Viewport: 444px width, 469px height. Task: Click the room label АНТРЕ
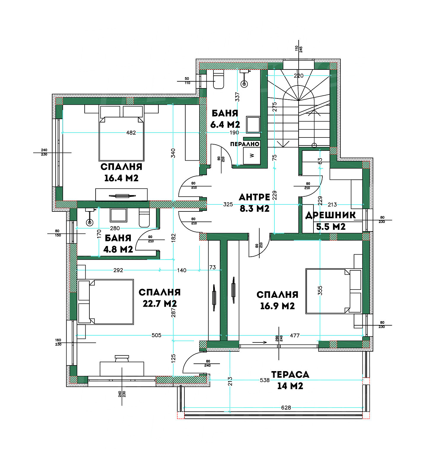pyautogui.click(x=255, y=197)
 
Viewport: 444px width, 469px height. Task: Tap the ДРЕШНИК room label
pyautogui.click(x=331, y=215)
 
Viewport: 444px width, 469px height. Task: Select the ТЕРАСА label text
pyautogui.click(x=290, y=374)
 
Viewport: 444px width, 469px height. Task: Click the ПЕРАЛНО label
pyautogui.click(x=245, y=144)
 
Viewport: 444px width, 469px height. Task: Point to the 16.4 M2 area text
pyautogui.click(x=121, y=178)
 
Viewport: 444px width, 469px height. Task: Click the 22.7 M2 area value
pyautogui.click(x=160, y=303)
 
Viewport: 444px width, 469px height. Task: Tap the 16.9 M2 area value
pyautogui.click(x=277, y=306)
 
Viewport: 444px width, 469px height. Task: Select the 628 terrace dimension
pyautogui.click(x=286, y=407)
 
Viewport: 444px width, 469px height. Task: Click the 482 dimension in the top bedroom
pyautogui.click(x=131, y=132)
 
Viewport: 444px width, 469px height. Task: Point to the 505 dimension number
pyautogui.click(x=156, y=335)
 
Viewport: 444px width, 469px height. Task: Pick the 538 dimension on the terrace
pyautogui.click(x=265, y=380)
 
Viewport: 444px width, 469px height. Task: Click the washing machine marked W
pyautogui.click(x=252, y=156)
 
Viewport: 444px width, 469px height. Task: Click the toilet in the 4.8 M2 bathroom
pyautogui.click(x=144, y=218)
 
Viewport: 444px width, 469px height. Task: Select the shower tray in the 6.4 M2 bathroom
pyautogui.click(x=253, y=125)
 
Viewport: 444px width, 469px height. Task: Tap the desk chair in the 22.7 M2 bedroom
pyautogui.click(x=122, y=358)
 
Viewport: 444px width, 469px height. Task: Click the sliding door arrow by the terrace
pyautogui.click(x=260, y=342)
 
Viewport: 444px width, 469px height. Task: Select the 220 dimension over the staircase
pyautogui.click(x=298, y=76)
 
